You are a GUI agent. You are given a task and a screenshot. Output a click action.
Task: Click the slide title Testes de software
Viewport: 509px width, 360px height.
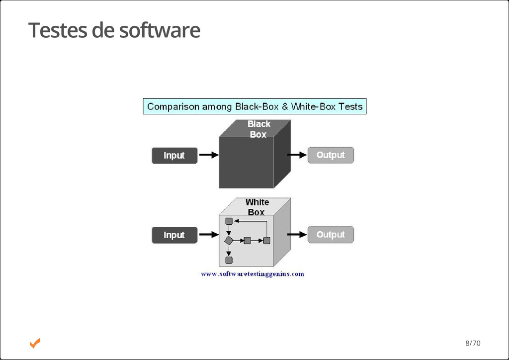pyautogui.click(x=114, y=30)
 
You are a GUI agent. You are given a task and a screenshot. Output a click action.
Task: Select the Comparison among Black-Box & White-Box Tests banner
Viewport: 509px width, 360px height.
pyautogui.click(x=254, y=106)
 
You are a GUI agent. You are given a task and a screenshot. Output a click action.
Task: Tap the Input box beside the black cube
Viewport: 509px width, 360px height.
pyautogui.click(x=174, y=156)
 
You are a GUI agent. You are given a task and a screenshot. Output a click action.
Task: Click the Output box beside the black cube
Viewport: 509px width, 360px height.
pyautogui.click(x=331, y=155)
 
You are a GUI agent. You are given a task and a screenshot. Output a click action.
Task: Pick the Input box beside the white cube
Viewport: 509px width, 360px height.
pyautogui.click(x=174, y=235)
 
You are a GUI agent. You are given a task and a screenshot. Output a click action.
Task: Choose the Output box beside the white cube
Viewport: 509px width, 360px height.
pyautogui.click(x=331, y=235)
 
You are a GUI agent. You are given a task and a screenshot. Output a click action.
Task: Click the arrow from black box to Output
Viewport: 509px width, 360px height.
pyautogui.click(x=297, y=155)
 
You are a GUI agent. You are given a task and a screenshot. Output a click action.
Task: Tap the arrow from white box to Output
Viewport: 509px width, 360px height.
pyautogui.click(x=297, y=234)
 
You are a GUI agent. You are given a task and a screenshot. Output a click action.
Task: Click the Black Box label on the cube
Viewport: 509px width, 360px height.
pyautogui.click(x=258, y=129)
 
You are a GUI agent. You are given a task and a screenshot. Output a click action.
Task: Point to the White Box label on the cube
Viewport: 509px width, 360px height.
pyautogui.click(x=256, y=207)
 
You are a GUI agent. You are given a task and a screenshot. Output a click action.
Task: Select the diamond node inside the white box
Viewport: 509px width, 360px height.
pyautogui.click(x=229, y=241)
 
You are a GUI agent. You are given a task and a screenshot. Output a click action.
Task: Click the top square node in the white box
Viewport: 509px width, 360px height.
pyautogui.click(x=229, y=221)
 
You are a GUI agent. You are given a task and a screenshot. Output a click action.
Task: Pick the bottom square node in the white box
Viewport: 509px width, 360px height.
pyautogui.click(x=229, y=260)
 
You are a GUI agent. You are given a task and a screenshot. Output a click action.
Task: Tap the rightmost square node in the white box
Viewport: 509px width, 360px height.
pyautogui.click(x=266, y=241)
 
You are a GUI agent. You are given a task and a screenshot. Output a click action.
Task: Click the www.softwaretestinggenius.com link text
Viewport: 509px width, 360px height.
pyautogui.click(x=253, y=274)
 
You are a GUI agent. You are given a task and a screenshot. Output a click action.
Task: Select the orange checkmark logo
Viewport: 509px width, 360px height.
pyautogui.click(x=35, y=343)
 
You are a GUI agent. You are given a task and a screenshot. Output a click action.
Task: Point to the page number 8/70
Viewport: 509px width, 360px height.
pyautogui.click(x=473, y=343)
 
